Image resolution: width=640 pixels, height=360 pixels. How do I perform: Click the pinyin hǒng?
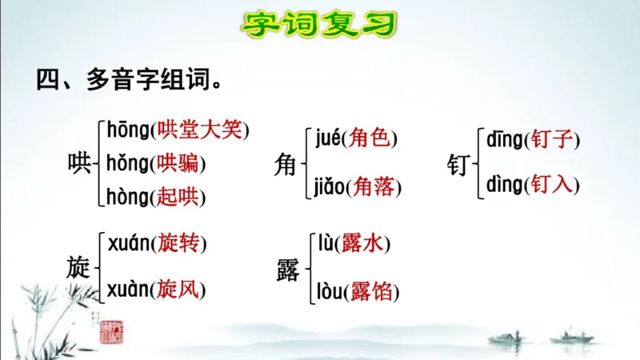(x=126, y=163)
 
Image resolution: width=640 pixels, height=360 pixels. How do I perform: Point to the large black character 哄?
(x=80, y=163)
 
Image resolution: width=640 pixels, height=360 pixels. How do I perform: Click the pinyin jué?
(x=327, y=138)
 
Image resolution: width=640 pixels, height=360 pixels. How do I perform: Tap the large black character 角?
(x=285, y=165)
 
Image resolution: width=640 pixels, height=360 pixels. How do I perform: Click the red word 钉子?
(x=552, y=141)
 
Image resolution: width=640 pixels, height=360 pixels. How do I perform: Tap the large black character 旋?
(x=80, y=267)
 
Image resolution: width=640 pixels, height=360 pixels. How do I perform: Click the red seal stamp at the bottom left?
(x=111, y=330)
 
